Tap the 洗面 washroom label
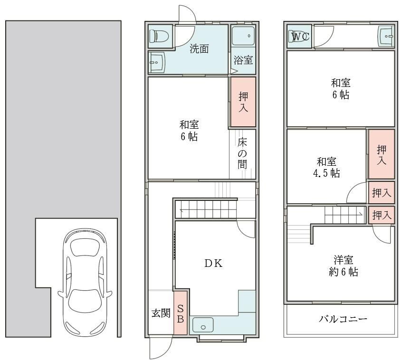coord(199,49)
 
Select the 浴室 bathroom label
coord(243,60)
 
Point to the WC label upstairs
coord(300,37)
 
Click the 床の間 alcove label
coord(242,153)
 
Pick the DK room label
coord(213,264)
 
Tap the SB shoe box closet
coord(181,313)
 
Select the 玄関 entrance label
coord(161,313)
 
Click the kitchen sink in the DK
coord(203,325)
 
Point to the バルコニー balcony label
coord(343,319)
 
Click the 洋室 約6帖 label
coord(343,265)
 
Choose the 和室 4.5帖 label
coord(326,167)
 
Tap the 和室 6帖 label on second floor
coord(341,89)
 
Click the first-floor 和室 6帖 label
coord(189,131)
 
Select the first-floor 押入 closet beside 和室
coord(243,102)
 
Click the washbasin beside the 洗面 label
coord(157,63)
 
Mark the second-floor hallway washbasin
coord(386,36)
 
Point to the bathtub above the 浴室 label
coord(243,36)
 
